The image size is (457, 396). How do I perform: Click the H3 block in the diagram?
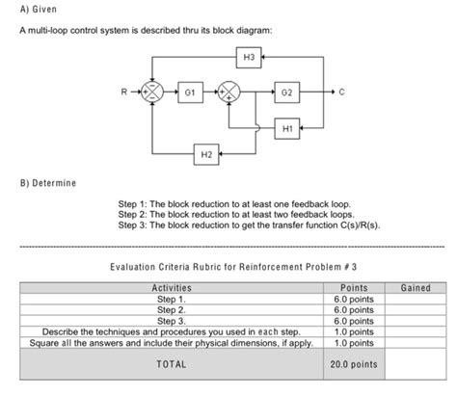(249, 58)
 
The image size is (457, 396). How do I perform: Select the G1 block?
(191, 94)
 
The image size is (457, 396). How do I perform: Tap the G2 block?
(287, 94)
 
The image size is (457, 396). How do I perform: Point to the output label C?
(342, 94)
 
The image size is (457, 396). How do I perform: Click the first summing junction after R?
(151, 94)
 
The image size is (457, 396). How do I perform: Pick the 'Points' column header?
(348, 288)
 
